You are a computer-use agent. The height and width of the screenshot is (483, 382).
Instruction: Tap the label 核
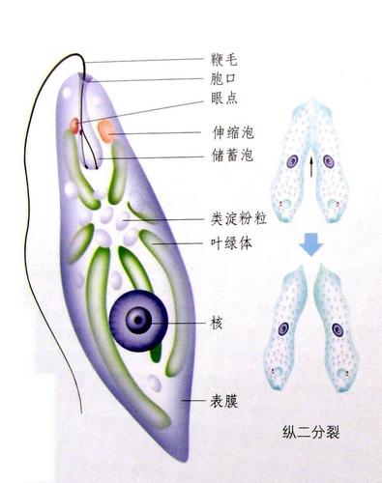(217, 322)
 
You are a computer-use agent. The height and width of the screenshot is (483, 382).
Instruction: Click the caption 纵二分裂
(310, 432)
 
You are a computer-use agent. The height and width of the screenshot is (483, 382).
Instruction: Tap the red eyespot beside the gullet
(73, 126)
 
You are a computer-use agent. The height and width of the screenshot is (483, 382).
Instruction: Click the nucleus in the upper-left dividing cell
(292, 162)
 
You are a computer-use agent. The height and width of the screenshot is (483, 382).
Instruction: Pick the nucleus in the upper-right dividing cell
(329, 162)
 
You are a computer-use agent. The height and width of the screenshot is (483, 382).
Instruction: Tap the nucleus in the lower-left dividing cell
(283, 328)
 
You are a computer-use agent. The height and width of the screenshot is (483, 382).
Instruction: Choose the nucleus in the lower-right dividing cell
(338, 330)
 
